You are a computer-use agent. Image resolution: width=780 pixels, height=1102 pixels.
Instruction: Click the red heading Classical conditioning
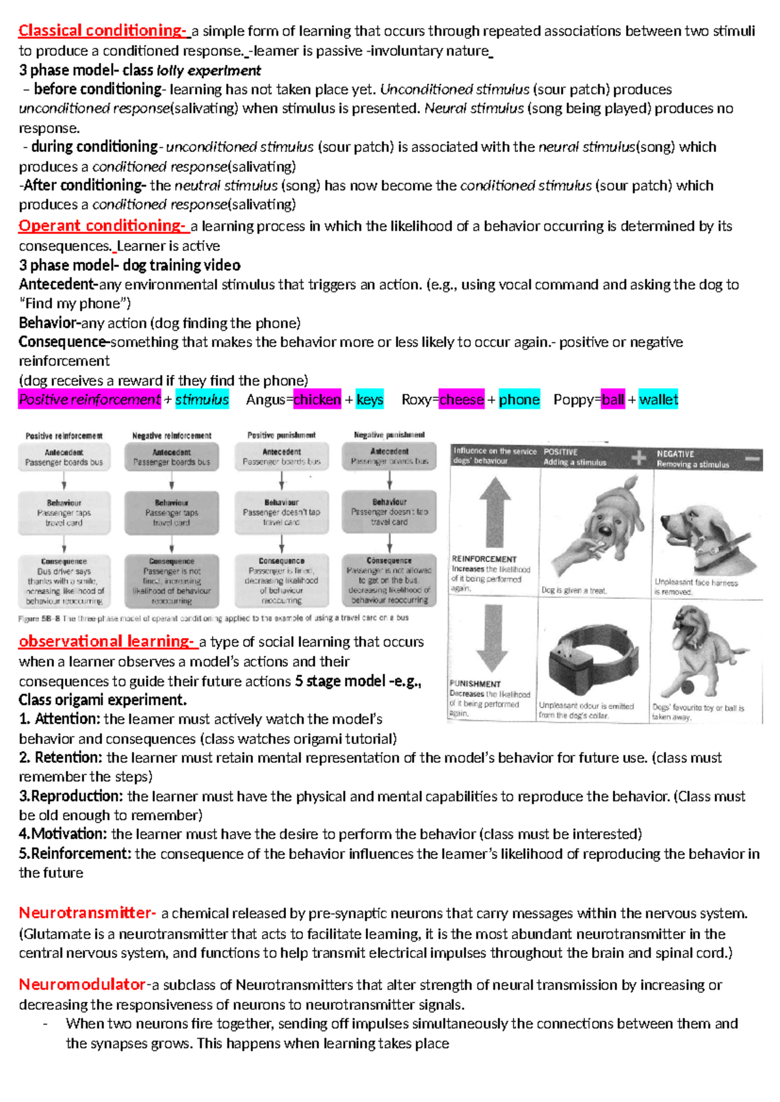click(101, 31)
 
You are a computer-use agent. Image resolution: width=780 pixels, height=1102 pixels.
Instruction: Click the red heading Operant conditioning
click(102, 225)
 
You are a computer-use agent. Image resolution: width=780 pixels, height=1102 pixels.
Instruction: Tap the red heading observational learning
click(107, 641)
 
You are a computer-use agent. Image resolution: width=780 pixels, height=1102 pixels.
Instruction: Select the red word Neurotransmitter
click(87, 913)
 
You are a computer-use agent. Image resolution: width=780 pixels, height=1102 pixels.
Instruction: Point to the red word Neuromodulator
click(82, 984)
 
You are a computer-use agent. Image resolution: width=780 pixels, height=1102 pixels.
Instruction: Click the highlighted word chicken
click(317, 400)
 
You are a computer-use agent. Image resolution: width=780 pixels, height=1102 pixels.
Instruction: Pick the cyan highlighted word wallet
click(658, 400)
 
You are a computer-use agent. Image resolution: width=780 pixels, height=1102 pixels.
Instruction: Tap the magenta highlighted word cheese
click(461, 400)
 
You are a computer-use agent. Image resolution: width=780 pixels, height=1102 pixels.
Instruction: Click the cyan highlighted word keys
click(370, 400)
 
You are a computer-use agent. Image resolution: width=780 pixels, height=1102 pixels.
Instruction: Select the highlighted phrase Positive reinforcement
click(90, 400)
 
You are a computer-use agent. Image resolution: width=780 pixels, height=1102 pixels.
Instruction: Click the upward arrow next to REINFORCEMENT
click(495, 513)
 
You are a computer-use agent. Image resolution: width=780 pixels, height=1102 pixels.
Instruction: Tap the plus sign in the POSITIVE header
click(638, 457)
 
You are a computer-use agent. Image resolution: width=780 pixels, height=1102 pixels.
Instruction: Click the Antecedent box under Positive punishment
click(281, 457)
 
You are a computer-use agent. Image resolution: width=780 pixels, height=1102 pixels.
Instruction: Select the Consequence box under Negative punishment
click(389, 580)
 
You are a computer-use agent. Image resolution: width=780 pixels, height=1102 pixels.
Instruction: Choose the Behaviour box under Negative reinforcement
click(172, 513)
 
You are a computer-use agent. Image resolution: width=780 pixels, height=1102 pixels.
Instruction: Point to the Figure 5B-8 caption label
click(38, 619)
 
